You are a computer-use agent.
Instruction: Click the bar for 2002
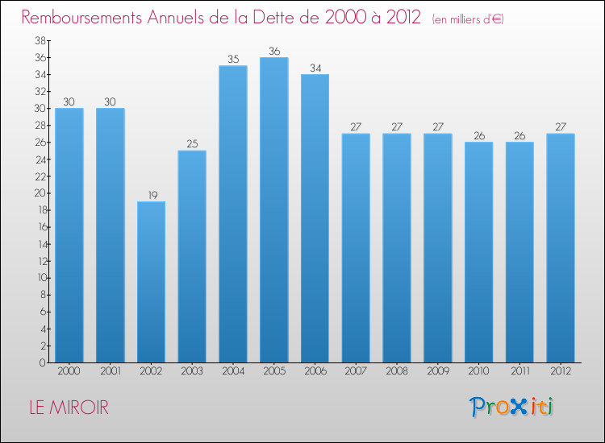pos(151,282)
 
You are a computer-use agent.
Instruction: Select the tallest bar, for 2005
pos(273,209)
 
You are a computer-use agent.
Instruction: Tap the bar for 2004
pos(233,213)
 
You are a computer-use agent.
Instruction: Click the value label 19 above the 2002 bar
pos(151,194)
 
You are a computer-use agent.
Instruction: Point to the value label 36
pos(273,51)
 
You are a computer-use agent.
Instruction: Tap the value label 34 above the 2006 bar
pos(315,68)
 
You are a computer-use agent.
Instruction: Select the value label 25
pos(192,143)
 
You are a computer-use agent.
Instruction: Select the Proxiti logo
pos(511,407)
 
